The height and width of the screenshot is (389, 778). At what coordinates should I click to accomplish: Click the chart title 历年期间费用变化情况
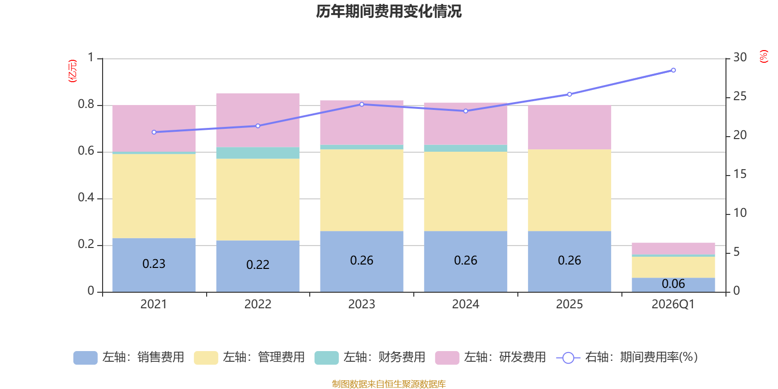pos(389,11)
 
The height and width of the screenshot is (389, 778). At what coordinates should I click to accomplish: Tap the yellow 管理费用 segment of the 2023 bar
pos(361,190)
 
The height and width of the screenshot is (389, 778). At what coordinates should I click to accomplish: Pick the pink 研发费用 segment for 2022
pos(257,120)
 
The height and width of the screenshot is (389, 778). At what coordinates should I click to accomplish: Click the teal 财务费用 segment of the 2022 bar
pos(257,153)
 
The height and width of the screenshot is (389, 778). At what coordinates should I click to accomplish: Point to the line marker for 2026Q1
pos(673,71)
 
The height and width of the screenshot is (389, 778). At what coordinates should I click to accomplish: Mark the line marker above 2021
pos(154,132)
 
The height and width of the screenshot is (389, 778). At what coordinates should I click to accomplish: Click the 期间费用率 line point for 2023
pos(361,105)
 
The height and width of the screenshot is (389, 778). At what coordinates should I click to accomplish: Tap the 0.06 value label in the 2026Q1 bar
pos(673,284)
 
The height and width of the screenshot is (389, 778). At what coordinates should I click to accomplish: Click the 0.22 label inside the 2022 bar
pos(257,265)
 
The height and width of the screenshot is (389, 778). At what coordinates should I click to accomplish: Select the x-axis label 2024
pos(465,304)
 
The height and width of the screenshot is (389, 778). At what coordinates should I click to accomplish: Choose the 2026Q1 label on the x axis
pos(673,304)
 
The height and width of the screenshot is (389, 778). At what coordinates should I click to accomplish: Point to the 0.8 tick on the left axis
pos(86,105)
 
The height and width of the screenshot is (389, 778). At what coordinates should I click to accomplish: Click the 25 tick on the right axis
pos(740,97)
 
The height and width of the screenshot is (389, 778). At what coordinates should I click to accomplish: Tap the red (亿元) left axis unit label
pos(72,71)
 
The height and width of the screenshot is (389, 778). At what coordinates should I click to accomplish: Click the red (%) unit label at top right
pos(763,56)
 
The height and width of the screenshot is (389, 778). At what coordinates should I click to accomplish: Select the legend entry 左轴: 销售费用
pos(129,357)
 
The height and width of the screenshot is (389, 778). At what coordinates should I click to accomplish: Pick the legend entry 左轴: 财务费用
pos(370,357)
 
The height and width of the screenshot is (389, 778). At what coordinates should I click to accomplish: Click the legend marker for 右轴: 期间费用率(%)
pos(568,358)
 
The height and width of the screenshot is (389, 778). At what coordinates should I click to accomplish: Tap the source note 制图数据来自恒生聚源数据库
pos(389,384)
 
